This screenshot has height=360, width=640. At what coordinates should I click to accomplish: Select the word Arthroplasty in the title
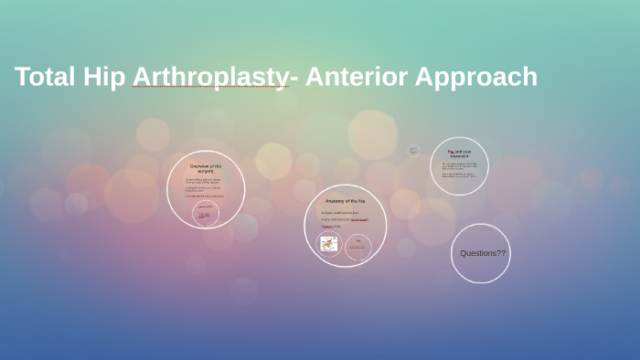[x=208, y=78]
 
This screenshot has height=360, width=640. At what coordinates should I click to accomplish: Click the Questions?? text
[x=482, y=253]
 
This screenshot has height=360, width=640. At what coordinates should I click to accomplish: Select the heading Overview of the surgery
[x=206, y=168]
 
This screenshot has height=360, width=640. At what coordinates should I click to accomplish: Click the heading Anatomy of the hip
[x=345, y=201]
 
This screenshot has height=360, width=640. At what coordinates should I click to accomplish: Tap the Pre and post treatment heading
[x=459, y=154]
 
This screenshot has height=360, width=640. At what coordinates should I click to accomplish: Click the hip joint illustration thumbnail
[x=328, y=244]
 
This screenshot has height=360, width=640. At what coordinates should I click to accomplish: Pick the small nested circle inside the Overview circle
[x=206, y=214]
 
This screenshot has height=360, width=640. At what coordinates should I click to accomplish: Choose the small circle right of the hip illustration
[x=357, y=246]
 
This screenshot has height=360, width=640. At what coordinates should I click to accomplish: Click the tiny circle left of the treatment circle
[x=413, y=151]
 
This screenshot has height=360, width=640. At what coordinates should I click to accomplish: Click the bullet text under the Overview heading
[x=205, y=187]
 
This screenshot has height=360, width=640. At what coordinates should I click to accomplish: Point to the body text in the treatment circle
[x=459, y=171]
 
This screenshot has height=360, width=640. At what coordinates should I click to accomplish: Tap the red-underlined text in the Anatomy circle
[x=359, y=219]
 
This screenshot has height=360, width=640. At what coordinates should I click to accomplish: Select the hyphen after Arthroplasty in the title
[x=293, y=77]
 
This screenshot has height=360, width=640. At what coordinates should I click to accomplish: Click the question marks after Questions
[x=501, y=253]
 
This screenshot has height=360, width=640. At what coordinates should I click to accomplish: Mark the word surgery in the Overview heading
[x=206, y=171]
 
